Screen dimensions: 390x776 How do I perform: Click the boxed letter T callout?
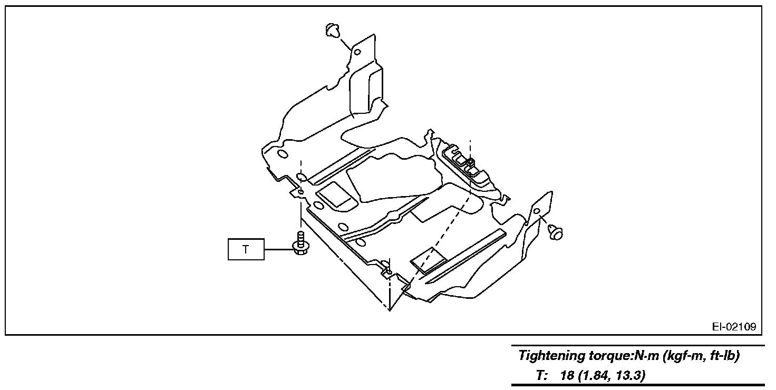(x=245, y=249)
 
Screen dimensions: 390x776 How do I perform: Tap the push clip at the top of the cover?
(x=332, y=31)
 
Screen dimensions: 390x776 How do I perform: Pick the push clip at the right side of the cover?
(x=555, y=231)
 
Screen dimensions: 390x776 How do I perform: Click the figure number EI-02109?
(x=734, y=327)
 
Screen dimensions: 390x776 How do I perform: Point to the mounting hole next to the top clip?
(x=357, y=52)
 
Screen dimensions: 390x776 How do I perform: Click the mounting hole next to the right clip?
(x=536, y=211)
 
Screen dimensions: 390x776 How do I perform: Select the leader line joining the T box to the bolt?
(x=277, y=249)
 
